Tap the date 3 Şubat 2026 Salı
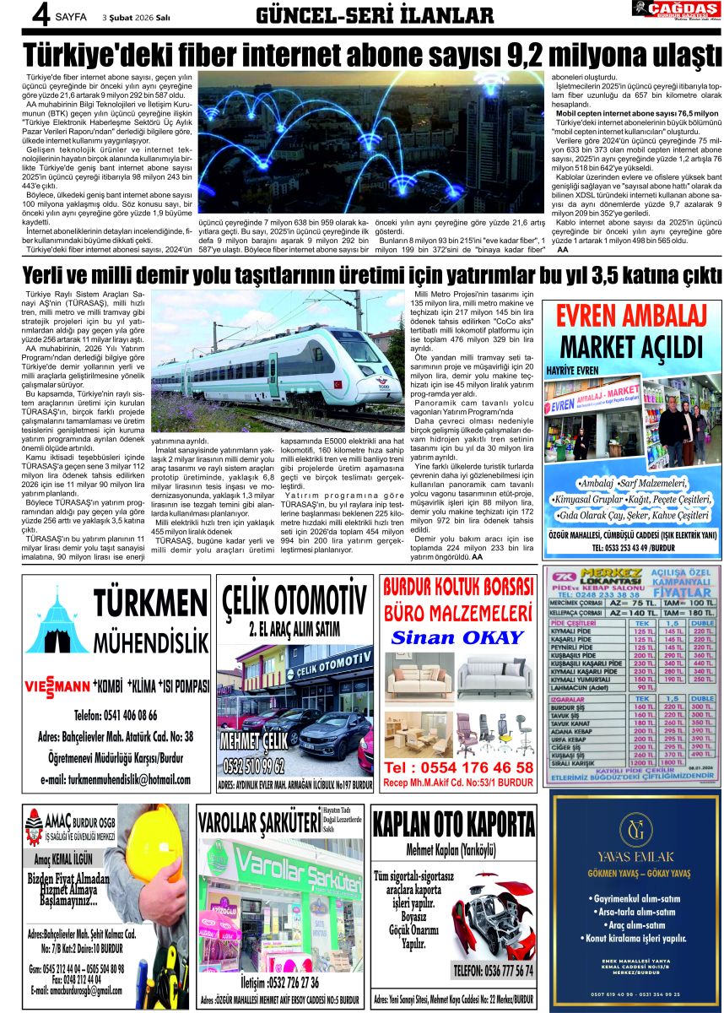[137, 16]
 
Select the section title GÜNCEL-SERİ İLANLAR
[375, 15]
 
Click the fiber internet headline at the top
[362, 53]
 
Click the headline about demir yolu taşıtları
[362, 275]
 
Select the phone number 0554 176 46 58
[458, 767]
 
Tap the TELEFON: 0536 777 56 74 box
[493, 970]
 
